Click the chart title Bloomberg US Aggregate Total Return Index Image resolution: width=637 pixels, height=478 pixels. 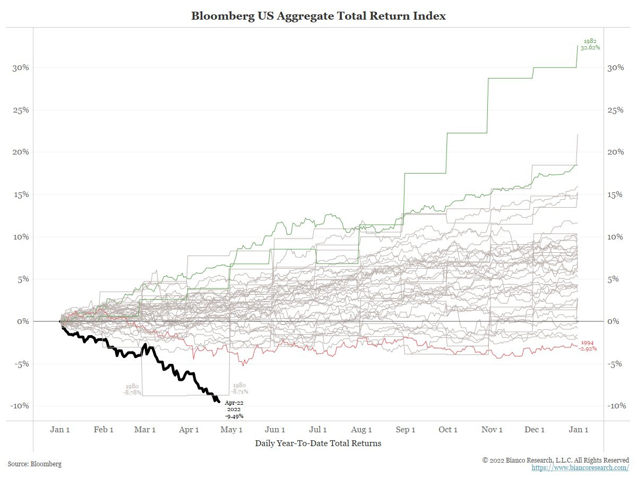coord(318,16)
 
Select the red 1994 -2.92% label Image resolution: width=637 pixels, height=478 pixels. coord(589,346)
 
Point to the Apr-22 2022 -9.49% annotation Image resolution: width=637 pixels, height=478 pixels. coord(234,409)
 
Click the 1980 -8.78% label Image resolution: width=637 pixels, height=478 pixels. coord(132,389)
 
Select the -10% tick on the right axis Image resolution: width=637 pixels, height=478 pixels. coord(616,406)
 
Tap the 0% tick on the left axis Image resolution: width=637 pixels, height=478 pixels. coord(23,321)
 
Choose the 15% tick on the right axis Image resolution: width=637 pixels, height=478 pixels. coord(616,194)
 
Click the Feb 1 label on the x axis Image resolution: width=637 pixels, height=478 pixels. coord(104,430)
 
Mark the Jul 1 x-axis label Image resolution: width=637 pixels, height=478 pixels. coord(318,430)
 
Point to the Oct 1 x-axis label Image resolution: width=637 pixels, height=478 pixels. coord(448,430)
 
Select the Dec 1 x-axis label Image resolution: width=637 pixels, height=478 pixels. coord(535,430)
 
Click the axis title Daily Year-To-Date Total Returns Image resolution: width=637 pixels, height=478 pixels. coord(318,443)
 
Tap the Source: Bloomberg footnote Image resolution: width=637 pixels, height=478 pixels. coord(35,464)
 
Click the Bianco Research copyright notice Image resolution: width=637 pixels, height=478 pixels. coord(555,460)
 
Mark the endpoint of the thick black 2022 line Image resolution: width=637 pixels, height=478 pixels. coord(219,402)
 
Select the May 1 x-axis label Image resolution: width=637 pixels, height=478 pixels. coord(231,430)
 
